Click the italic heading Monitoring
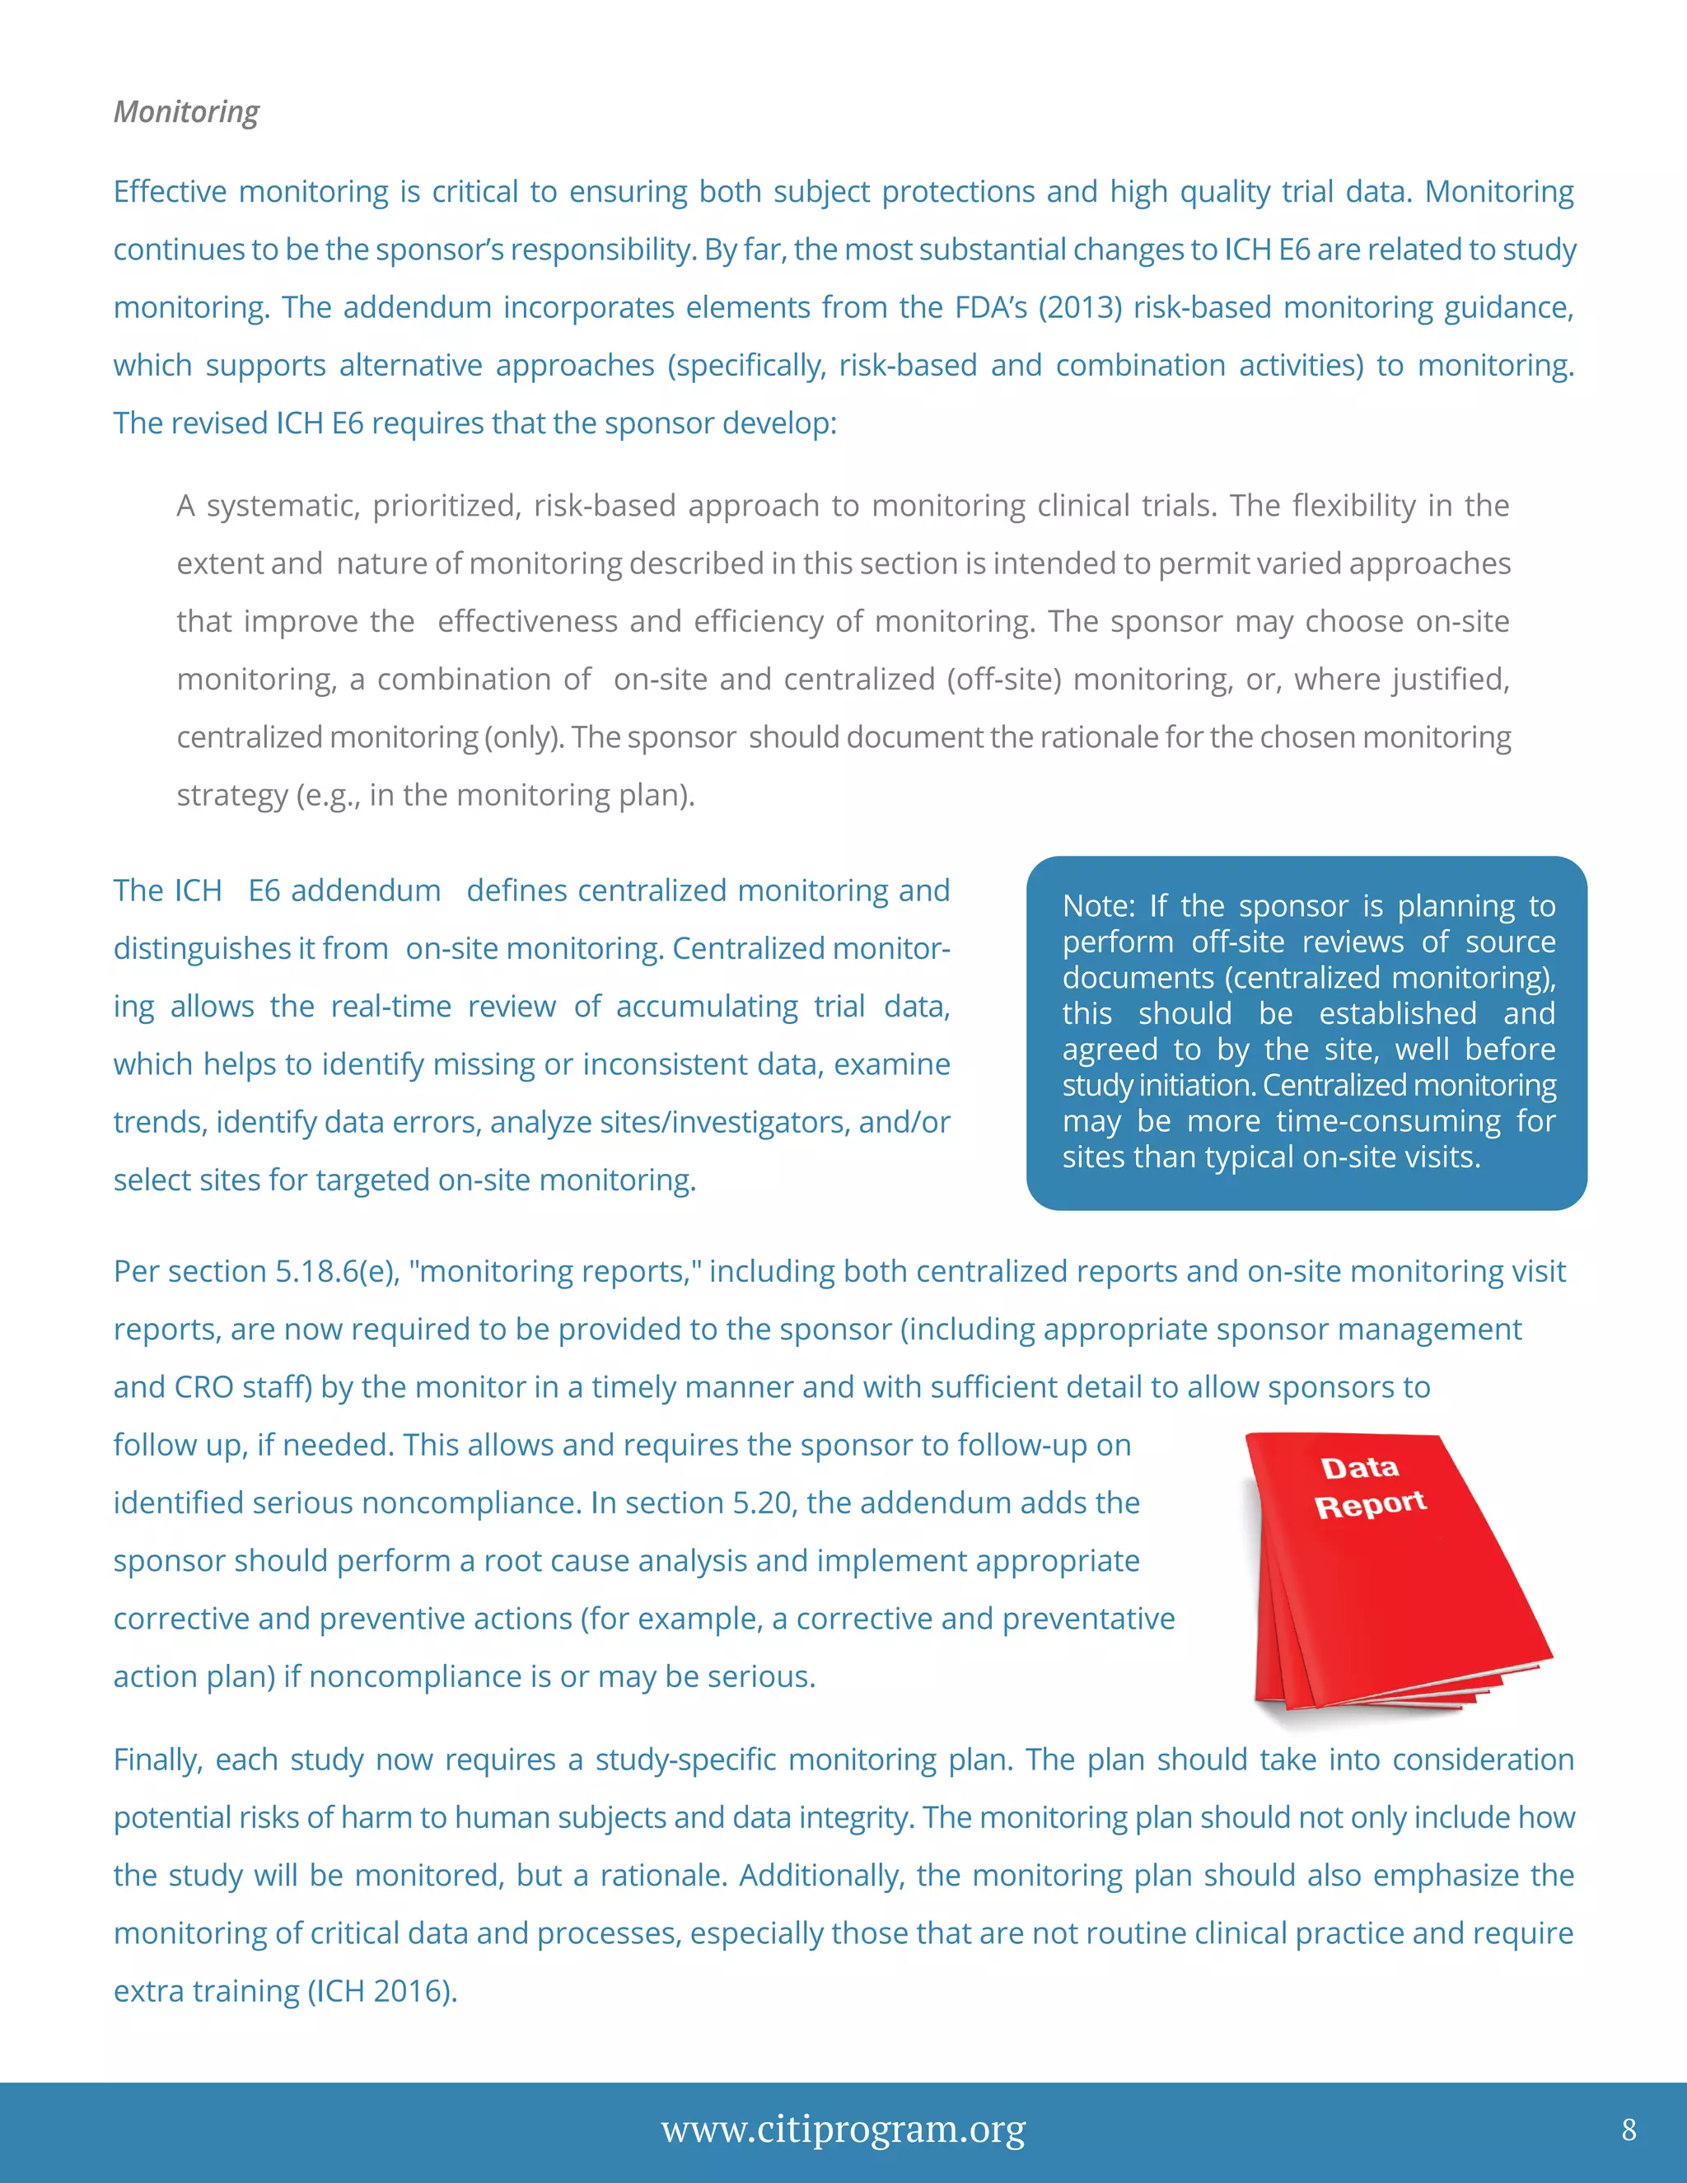(186, 111)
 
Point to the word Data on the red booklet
(1359, 1467)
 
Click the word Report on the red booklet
(1369, 1504)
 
